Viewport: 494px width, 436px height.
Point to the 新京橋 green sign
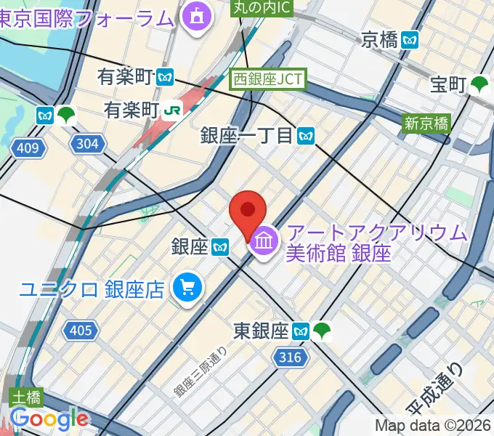426,123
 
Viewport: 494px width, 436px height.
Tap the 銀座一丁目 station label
256,134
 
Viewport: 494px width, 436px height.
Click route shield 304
86,144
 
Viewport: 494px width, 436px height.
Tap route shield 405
81,331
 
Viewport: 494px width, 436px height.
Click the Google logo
49,419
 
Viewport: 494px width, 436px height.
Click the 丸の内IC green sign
262,8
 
